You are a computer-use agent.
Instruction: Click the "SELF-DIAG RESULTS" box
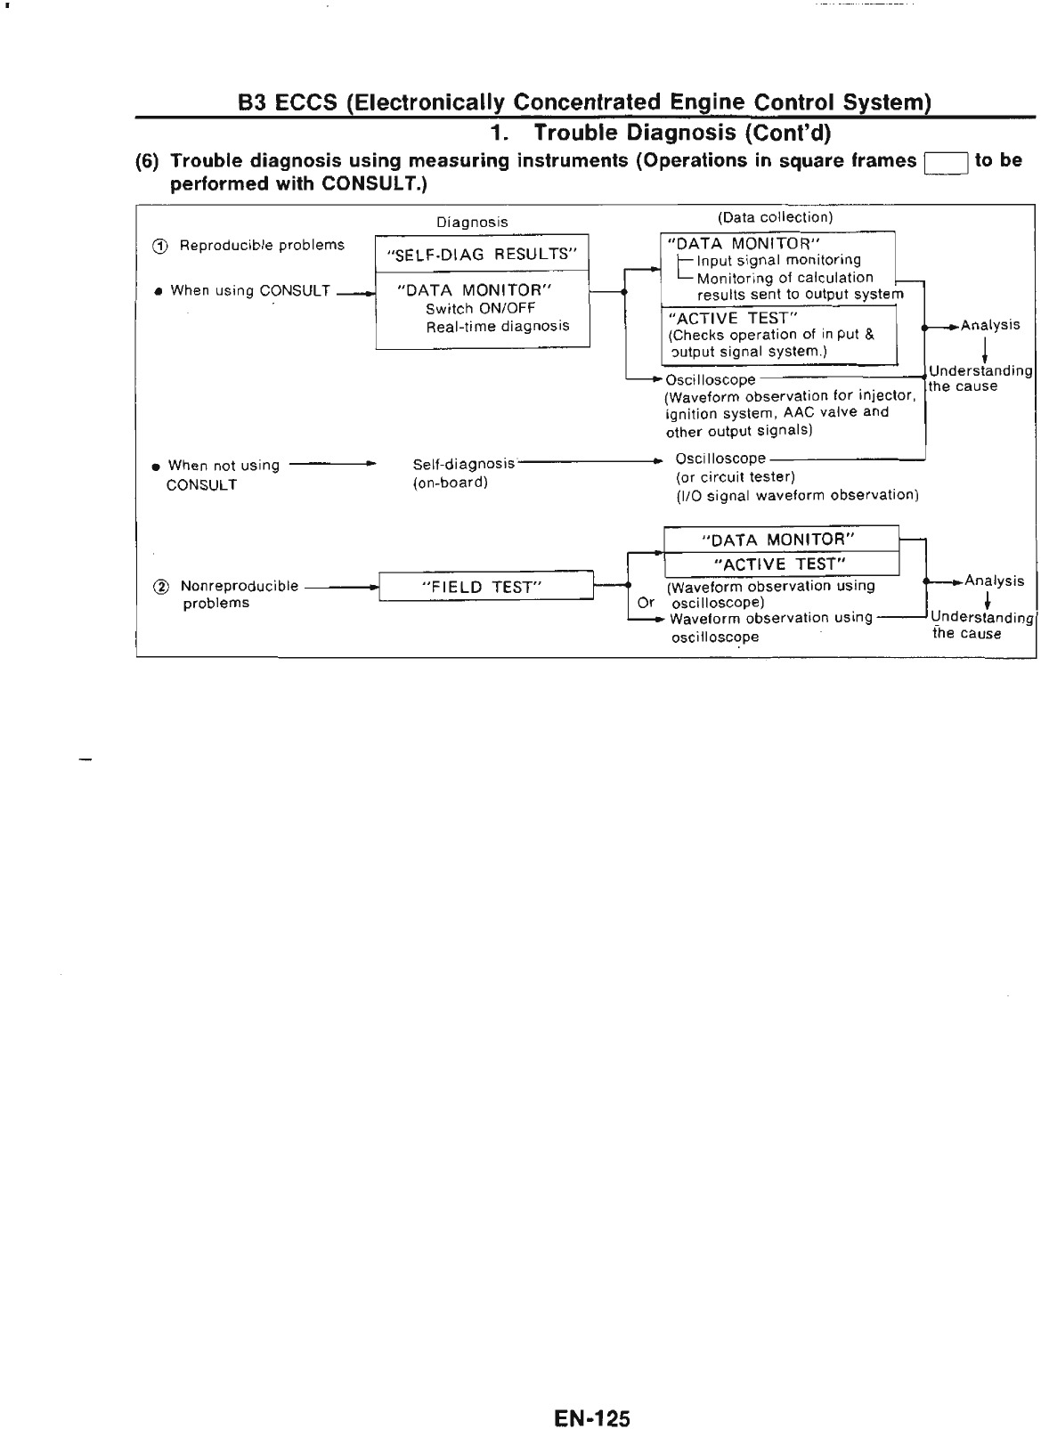(x=482, y=254)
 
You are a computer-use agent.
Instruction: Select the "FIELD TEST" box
(x=486, y=587)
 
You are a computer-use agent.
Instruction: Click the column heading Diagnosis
(x=472, y=223)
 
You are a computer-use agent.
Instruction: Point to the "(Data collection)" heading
(x=775, y=217)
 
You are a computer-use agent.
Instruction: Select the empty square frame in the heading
(x=946, y=162)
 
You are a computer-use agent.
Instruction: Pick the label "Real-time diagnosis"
(x=497, y=326)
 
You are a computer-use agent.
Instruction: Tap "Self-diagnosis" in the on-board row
(x=464, y=464)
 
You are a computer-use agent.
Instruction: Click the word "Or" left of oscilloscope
(x=647, y=602)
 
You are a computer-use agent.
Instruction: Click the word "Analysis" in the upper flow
(x=990, y=325)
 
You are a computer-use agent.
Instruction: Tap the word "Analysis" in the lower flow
(x=994, y=581)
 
